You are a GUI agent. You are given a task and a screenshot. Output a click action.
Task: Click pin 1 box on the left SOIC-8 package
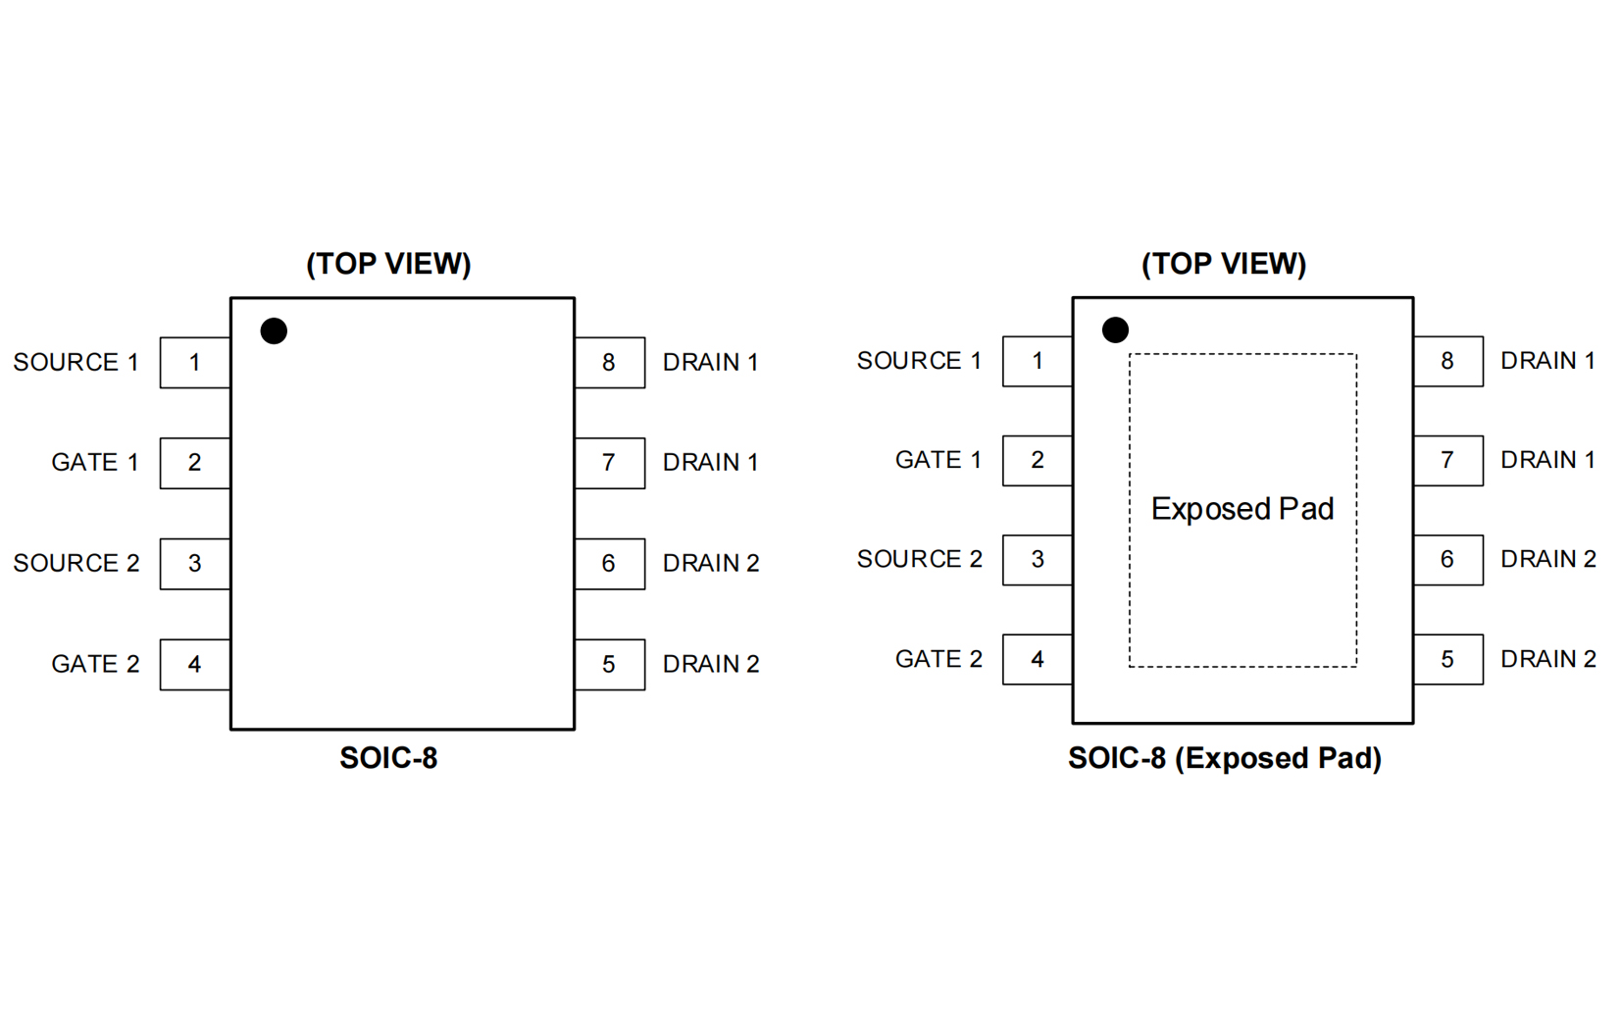(x=195, y=363)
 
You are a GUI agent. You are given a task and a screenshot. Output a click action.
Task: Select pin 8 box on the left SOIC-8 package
(x=609, y=363)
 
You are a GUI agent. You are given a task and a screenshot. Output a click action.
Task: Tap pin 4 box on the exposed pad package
(x=1037, y=659)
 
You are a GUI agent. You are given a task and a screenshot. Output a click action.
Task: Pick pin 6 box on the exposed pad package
(x=1447, y=559)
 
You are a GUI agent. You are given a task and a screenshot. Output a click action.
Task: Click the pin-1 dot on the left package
(x=274, y=331)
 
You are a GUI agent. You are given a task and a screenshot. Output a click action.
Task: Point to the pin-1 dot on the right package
(x=1115, y=330)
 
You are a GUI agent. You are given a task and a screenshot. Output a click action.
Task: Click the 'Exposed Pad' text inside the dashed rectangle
(x=1242, y=509)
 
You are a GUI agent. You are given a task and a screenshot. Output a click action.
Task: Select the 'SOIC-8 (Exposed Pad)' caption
(x=1224, y=758)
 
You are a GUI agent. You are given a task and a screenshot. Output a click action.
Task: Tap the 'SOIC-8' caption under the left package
(x=388, y=758)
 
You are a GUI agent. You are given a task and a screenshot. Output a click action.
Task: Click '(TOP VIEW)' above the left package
(x=388, y=264)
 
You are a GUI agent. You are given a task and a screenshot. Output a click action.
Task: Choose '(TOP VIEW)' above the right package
(x=1223, y=264)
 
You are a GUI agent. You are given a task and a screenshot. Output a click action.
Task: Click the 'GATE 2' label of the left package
(x=95, y=664)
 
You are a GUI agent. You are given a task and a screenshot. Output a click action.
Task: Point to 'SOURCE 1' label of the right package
(x=919, y=361)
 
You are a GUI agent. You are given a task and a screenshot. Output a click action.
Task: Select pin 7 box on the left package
(x=609, y=463)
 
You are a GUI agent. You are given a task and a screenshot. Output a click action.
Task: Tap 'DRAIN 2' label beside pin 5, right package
(x=1547, y=659)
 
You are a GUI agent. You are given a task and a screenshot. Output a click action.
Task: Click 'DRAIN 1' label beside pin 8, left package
(x=710, y=363)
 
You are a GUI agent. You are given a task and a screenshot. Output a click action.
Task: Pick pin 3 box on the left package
(x=195, y=564)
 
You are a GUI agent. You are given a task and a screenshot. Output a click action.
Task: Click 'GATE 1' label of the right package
(x=938, y=460)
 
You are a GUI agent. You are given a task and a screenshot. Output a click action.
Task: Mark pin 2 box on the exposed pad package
(x=1037, y=460)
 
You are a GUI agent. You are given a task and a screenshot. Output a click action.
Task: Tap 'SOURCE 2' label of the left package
(x=76, y=564)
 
